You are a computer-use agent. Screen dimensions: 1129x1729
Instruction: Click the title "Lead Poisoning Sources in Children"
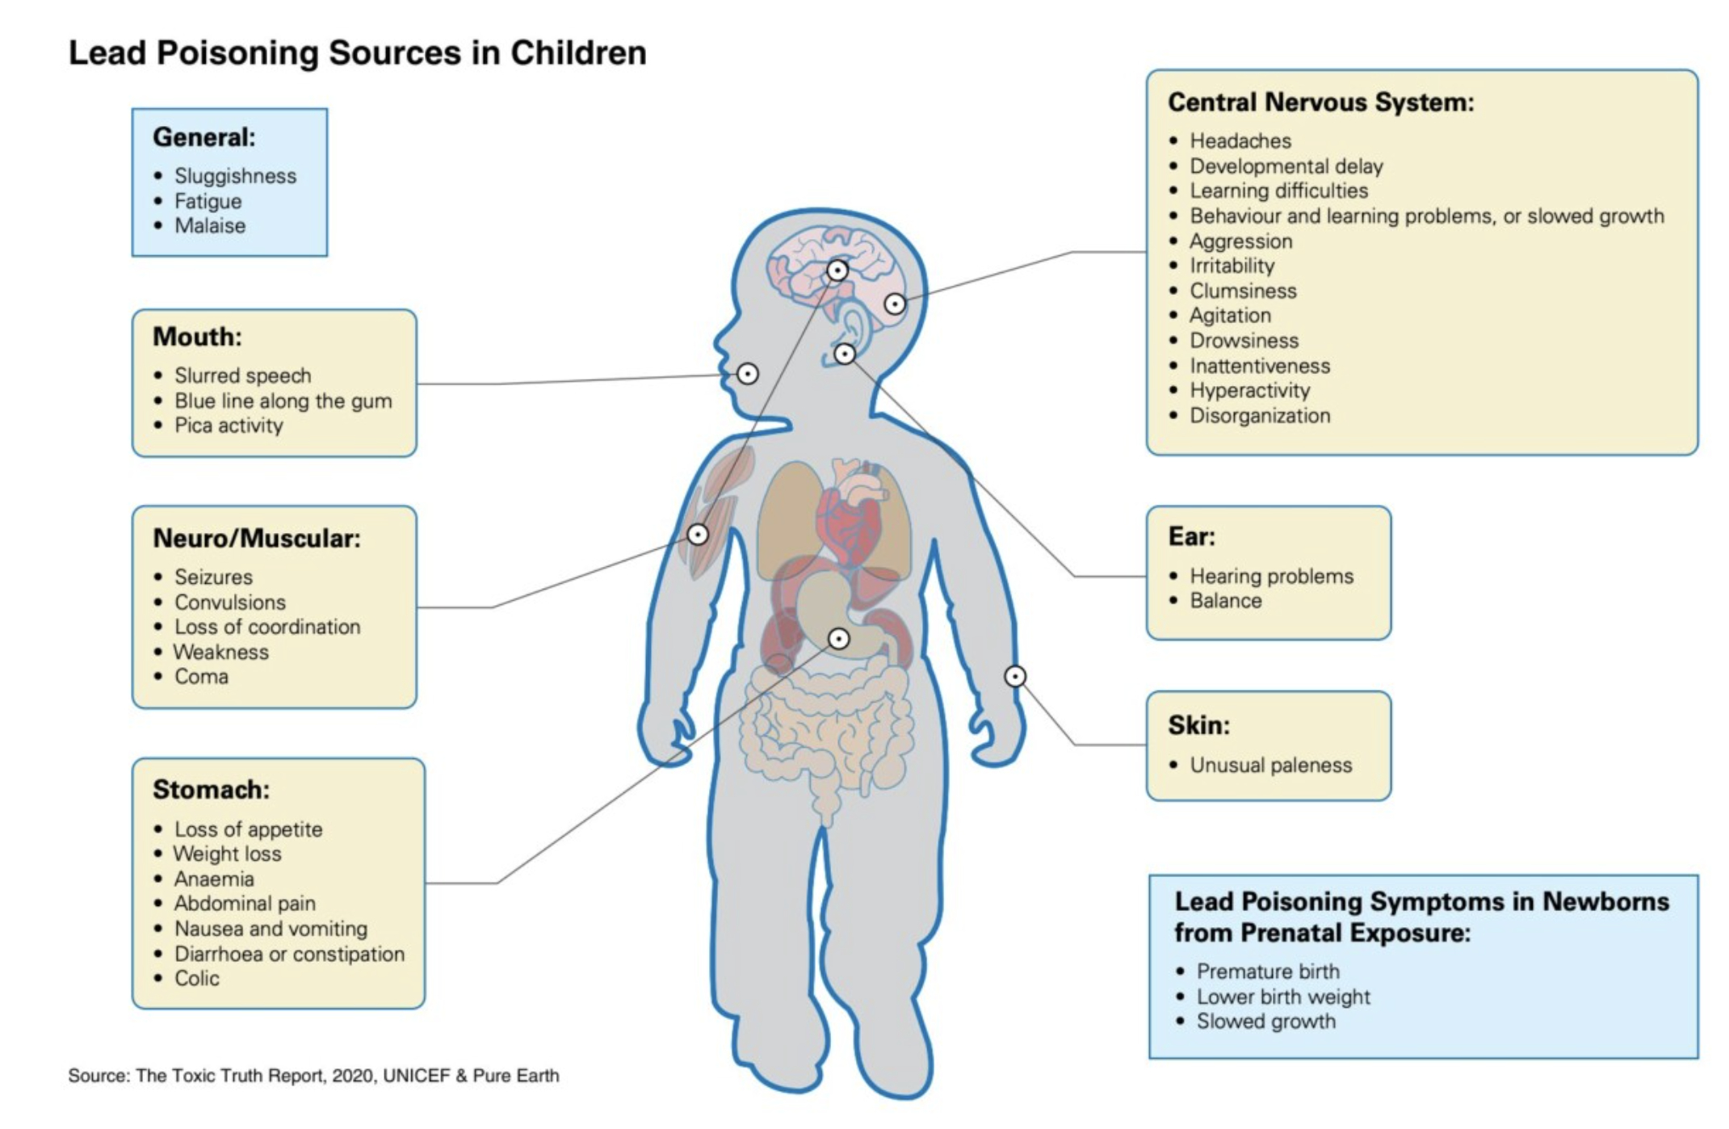[357, 53]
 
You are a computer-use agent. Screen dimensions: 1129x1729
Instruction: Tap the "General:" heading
[204, 137]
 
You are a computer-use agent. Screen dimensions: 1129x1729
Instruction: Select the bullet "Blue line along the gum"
[283, 401]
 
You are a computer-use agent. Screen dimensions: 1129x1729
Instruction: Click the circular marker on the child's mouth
[748, 374]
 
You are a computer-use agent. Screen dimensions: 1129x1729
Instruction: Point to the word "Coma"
[201, 677]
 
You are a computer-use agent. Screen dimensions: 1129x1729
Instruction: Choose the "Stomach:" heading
[211, 789]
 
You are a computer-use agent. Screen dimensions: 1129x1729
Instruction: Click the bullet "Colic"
[197, 979]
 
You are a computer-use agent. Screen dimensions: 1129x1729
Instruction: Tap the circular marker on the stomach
[839, 639]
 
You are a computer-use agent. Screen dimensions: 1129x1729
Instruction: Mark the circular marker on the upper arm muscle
[698, 534]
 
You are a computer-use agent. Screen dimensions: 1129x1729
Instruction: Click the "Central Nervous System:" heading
[1320, 103]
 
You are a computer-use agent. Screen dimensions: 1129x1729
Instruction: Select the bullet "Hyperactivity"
[1249, 391]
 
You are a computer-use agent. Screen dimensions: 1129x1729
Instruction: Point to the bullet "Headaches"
[1240, 141]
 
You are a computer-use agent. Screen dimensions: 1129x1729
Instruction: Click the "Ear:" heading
[1191, 536]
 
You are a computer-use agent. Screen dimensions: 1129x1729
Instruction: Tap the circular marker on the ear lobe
[845, 354]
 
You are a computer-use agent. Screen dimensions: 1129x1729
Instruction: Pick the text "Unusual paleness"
[1270, 765]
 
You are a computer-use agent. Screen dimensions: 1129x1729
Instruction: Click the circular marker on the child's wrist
[1015, 676]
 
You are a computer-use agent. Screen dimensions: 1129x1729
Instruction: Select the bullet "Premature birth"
[1268, 972]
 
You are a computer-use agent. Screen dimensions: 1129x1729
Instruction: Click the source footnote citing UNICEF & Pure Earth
[313, 1076]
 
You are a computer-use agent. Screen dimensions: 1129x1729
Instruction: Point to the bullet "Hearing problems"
[1271, 576]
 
